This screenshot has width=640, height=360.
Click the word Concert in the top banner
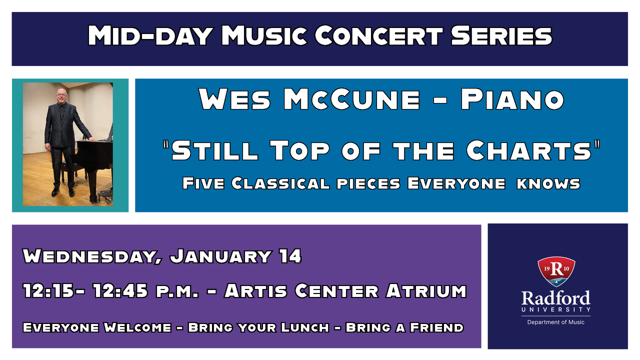(378, 35)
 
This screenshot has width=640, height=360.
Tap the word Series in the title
(501, 35)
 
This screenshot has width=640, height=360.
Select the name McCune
(351, 99)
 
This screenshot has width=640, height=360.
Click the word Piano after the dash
(512, 99)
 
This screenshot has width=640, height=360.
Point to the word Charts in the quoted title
(528, 150)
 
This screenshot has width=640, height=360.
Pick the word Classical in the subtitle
(280, 183)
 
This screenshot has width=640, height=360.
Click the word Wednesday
(92, 256)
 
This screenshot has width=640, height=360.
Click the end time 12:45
(120, 291)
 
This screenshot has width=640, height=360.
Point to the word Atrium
(426, 291)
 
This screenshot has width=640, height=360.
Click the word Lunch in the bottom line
(305, 327)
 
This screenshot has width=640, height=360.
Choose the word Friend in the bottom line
(436, 327)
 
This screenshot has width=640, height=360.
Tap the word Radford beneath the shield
(555, 298)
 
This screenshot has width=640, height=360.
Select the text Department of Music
(555, 322)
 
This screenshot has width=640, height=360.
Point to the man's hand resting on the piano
(91, 139)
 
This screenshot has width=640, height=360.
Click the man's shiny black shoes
(63, 191)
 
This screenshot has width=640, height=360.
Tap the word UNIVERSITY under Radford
(555, 309)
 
